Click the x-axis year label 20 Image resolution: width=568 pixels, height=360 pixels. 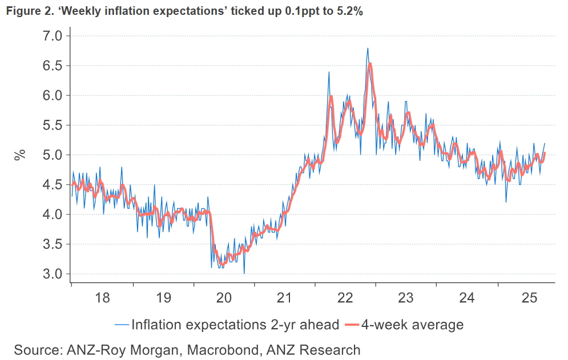tap(224, 298)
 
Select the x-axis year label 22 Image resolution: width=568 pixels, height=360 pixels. tap(345, 298)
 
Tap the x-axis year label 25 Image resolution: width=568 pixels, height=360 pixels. tap(527, 298)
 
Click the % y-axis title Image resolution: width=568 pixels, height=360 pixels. tap(20, 155)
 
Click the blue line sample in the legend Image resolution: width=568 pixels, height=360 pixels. tap(122, 325)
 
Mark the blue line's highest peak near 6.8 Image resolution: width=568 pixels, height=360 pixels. tap(368, 48)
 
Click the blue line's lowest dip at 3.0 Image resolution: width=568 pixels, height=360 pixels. tap(244, 273)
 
